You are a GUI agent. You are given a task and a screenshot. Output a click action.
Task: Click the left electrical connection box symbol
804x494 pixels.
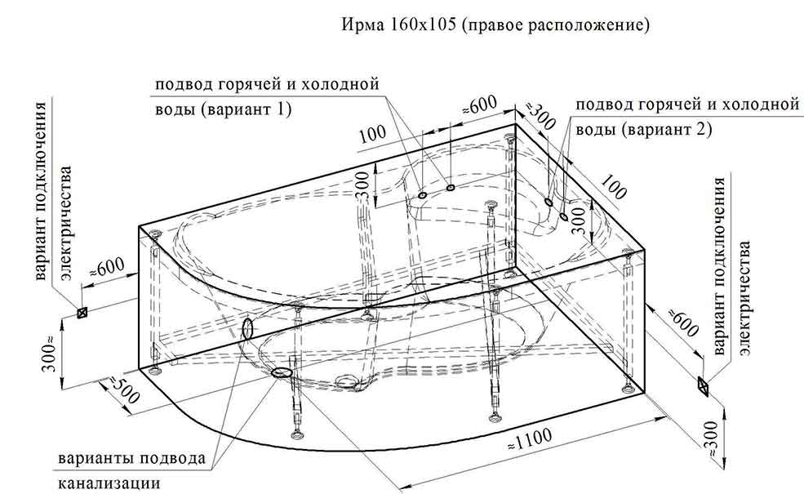pos(82,312)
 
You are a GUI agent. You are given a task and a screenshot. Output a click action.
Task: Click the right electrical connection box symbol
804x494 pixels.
pos(703,383)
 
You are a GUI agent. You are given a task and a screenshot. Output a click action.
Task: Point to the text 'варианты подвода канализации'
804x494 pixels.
pos(131,469)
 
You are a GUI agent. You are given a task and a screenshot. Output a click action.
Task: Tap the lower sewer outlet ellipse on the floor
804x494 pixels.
pos(280,372)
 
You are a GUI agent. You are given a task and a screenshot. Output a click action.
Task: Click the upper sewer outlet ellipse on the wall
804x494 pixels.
pos(248,328)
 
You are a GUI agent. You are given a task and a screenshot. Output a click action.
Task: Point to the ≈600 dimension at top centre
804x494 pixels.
pos(479,105)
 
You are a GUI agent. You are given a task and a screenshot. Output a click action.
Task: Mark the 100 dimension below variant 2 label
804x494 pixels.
pos(613,187)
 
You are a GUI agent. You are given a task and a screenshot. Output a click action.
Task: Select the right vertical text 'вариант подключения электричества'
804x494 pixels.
pos(731,265)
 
